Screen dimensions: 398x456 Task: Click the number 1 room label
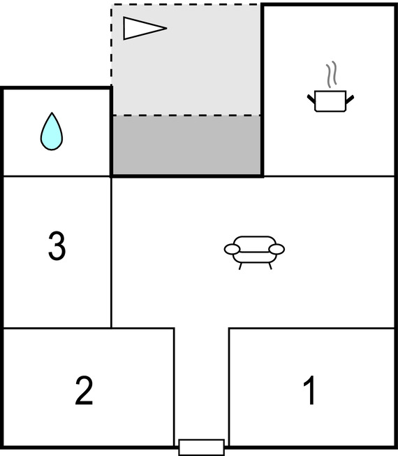(x=309, y=390)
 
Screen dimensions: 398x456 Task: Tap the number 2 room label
(x=84, y=390)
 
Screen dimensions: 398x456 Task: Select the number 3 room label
(x=57, y=245)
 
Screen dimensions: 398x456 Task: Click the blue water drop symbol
(x=52, y=131)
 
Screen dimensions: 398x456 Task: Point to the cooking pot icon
(x=330, y=101)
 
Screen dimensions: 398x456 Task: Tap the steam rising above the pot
(x=331, y=74)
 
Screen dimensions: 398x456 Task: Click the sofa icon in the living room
(x=254, y=252)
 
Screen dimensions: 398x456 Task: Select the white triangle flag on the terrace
(x=145, y=28)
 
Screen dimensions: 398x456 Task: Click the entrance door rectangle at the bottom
(x=202, y=448)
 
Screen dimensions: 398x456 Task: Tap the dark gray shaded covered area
(x=187, y=145)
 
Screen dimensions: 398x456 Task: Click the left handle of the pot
(x=311, y=99)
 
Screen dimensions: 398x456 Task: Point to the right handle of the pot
(x=350, y=99)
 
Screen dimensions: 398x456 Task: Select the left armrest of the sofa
(x=233, y=249)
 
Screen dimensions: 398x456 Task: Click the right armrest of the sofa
(x=277, y=249)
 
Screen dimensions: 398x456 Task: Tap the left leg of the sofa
(x=240, y=266)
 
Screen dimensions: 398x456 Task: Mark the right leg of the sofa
(x=270, y=266)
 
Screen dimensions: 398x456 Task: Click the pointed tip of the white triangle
(x=167, y=28)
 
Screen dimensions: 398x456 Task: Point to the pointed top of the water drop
(x=52, y=113)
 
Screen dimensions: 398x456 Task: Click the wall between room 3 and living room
(x=111, y=252)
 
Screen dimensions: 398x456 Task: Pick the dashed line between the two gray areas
(x=186, y=115)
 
